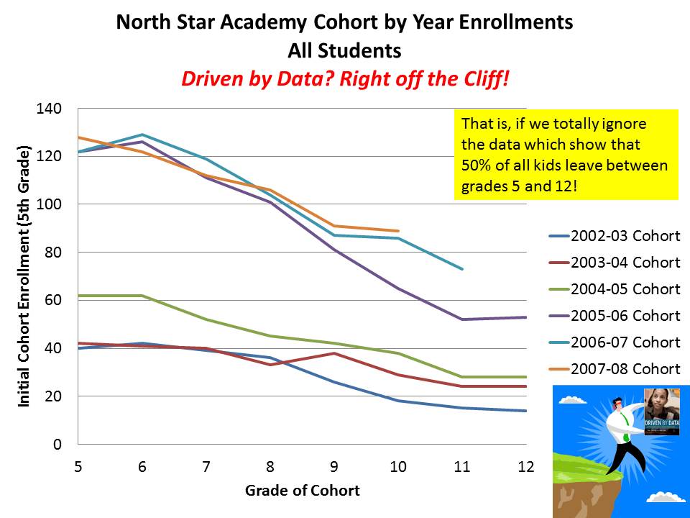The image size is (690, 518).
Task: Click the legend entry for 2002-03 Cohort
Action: [625, 236]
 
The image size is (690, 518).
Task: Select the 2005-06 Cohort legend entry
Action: [625, 316]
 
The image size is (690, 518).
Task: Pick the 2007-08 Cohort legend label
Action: [625, 369]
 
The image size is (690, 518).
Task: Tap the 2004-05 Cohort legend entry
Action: [625, 289]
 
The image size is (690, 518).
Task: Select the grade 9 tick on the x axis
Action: [333, 466]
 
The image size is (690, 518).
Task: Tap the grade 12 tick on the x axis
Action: [526, 466]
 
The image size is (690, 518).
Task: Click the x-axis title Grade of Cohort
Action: [302, 491]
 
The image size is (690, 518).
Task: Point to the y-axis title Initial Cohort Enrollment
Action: [24, 277]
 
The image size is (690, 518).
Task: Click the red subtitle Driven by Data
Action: [344, 78]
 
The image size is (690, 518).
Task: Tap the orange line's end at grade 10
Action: [397, 231]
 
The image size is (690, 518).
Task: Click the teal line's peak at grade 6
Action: [142, 135]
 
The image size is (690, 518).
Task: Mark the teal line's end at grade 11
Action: [462, 269]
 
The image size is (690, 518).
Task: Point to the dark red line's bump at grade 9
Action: [333, 353]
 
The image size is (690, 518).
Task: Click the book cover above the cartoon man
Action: [662, 410]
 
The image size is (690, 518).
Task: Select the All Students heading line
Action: [344, 51]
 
